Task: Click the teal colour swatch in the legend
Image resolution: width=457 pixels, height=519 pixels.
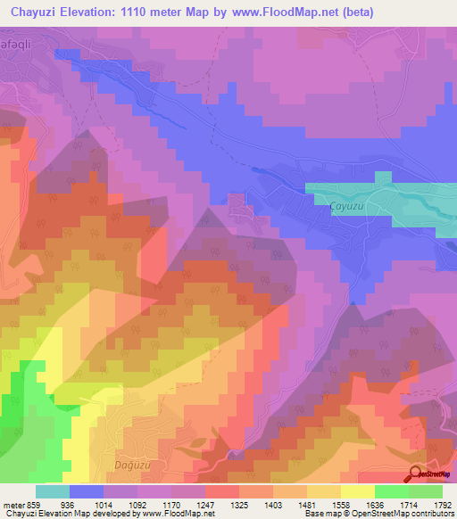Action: coord(53,490)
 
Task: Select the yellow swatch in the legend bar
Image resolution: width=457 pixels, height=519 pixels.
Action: coord(357,490)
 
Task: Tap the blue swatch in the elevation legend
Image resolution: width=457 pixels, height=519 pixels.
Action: coord(87,490)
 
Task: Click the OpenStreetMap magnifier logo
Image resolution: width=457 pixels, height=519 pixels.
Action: coord(415,474)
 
